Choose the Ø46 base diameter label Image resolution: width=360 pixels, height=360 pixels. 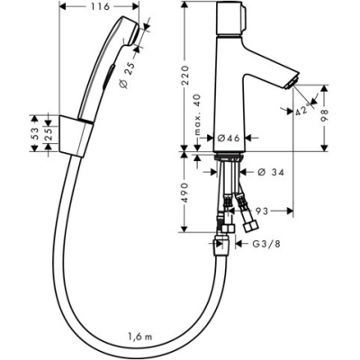225,138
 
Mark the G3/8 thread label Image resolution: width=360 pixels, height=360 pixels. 264,244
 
